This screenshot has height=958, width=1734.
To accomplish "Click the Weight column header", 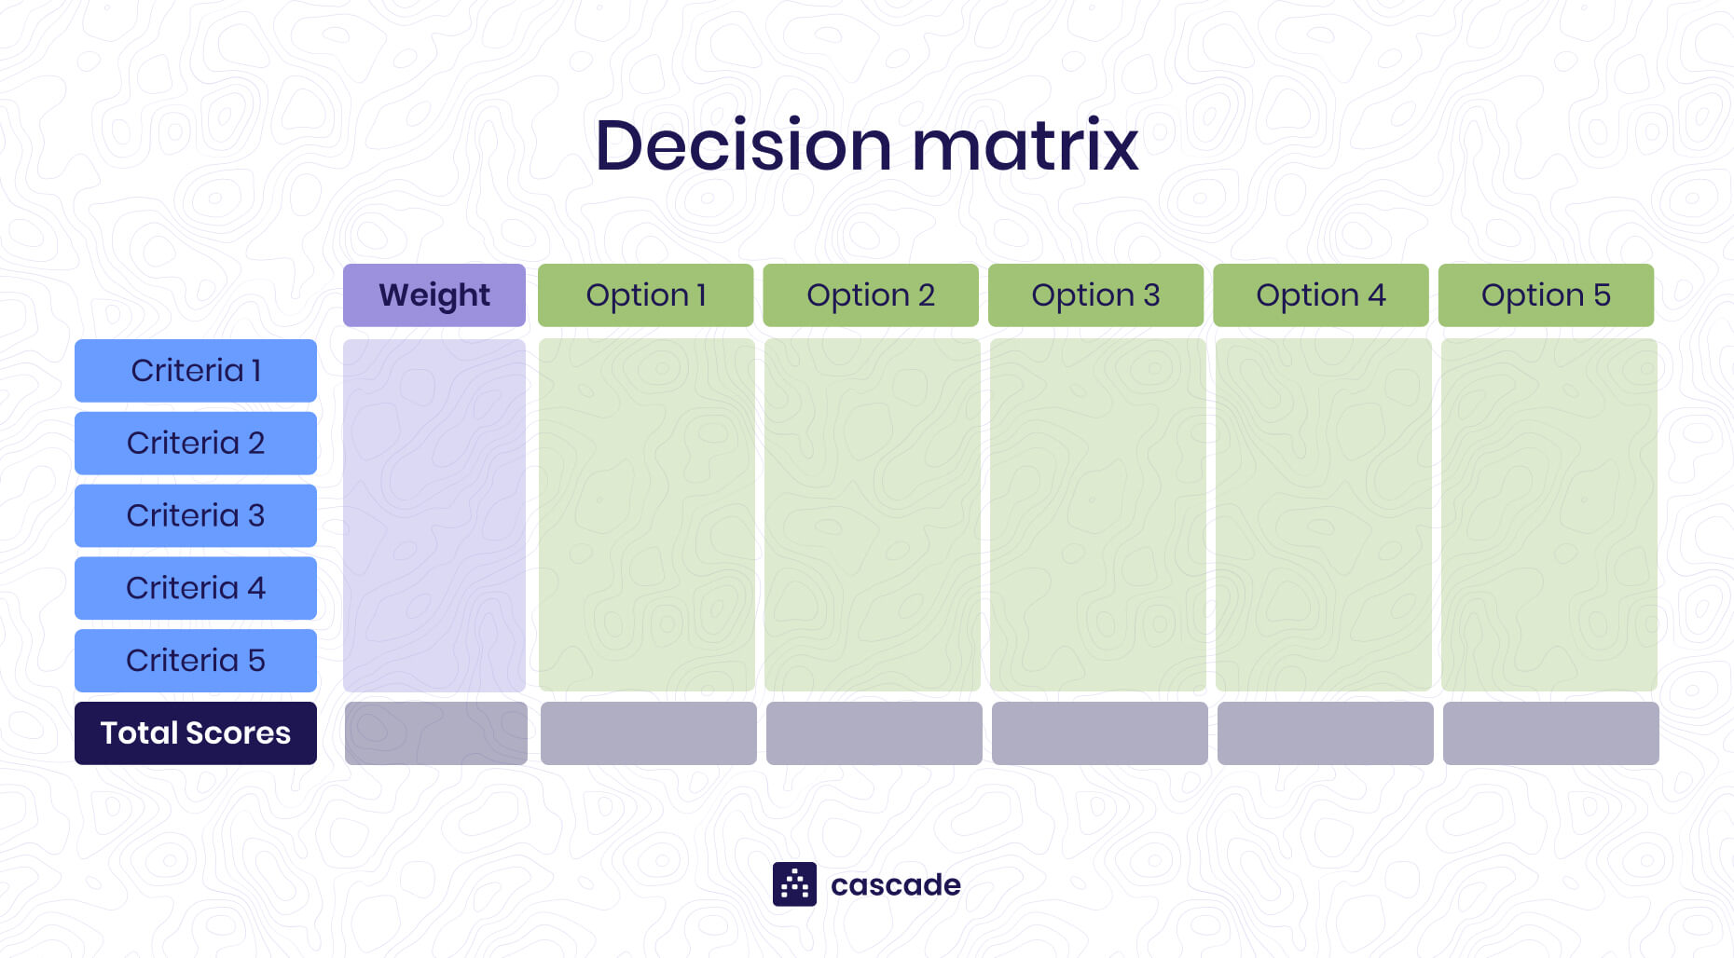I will click(434, 295).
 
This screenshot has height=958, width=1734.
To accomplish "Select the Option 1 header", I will click(645, 295).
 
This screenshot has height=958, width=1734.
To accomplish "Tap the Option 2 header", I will click(871, 295).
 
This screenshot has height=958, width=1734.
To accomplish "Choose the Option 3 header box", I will click(1095, 295).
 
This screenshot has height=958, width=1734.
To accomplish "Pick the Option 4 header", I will click(1321, 295).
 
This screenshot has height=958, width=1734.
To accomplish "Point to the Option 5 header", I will click(1546, 295).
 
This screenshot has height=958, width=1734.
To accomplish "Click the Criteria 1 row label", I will click(196, 371).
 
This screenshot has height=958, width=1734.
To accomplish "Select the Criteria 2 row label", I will click(196, 444).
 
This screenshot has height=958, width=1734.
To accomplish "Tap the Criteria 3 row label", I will click(196, 515).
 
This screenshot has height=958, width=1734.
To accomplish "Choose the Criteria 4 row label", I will click(196, 588).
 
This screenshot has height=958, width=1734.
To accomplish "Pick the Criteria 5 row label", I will click(196, 661).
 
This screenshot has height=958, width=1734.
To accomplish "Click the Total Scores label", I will click(196, 733).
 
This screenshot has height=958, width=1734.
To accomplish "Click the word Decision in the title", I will click(743, 146).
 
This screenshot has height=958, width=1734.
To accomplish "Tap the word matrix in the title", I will click(1025, 146).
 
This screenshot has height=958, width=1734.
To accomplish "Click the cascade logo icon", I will click(794, 884).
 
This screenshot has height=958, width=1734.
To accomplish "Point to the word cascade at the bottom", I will click(895, 884).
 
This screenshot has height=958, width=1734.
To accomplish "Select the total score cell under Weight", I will click(435, 733).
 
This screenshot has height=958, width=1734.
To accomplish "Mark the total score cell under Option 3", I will click(1099, 733).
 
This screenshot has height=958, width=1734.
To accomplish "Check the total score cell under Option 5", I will click(1550, 733).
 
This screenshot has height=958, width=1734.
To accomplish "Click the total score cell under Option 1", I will click(648, 733).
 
